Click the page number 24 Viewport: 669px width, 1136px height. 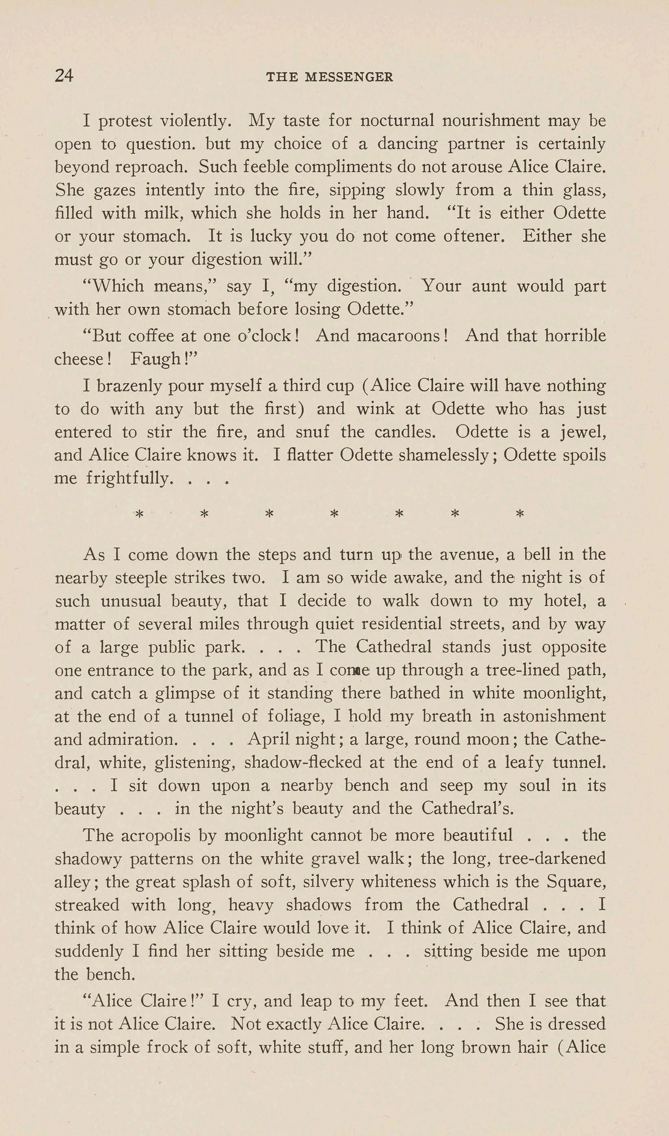[x=64, y=75]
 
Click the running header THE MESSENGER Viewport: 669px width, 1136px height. [x=329, y=77]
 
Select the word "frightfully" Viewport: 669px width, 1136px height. [x=129, y=478]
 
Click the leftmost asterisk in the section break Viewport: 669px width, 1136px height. [x=140, y=514]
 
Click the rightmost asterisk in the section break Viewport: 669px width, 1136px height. [x=520, y=514]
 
